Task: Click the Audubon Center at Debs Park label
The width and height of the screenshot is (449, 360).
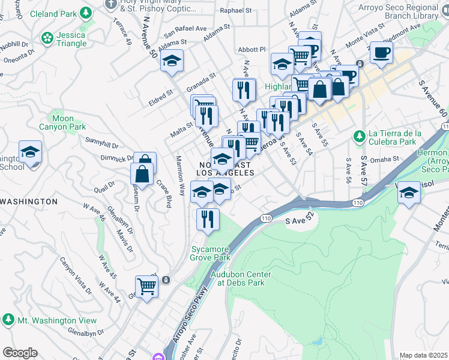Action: click(241, 278)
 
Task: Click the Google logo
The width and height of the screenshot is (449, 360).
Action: click(20, 353)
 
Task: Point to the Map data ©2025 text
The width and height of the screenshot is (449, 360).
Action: click(424, 355)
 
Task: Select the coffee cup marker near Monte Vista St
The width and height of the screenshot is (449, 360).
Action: click(381, 53)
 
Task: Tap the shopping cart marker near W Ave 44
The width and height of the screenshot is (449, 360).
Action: click(146, 286)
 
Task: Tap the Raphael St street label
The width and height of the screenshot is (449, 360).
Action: click(235, 11)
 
